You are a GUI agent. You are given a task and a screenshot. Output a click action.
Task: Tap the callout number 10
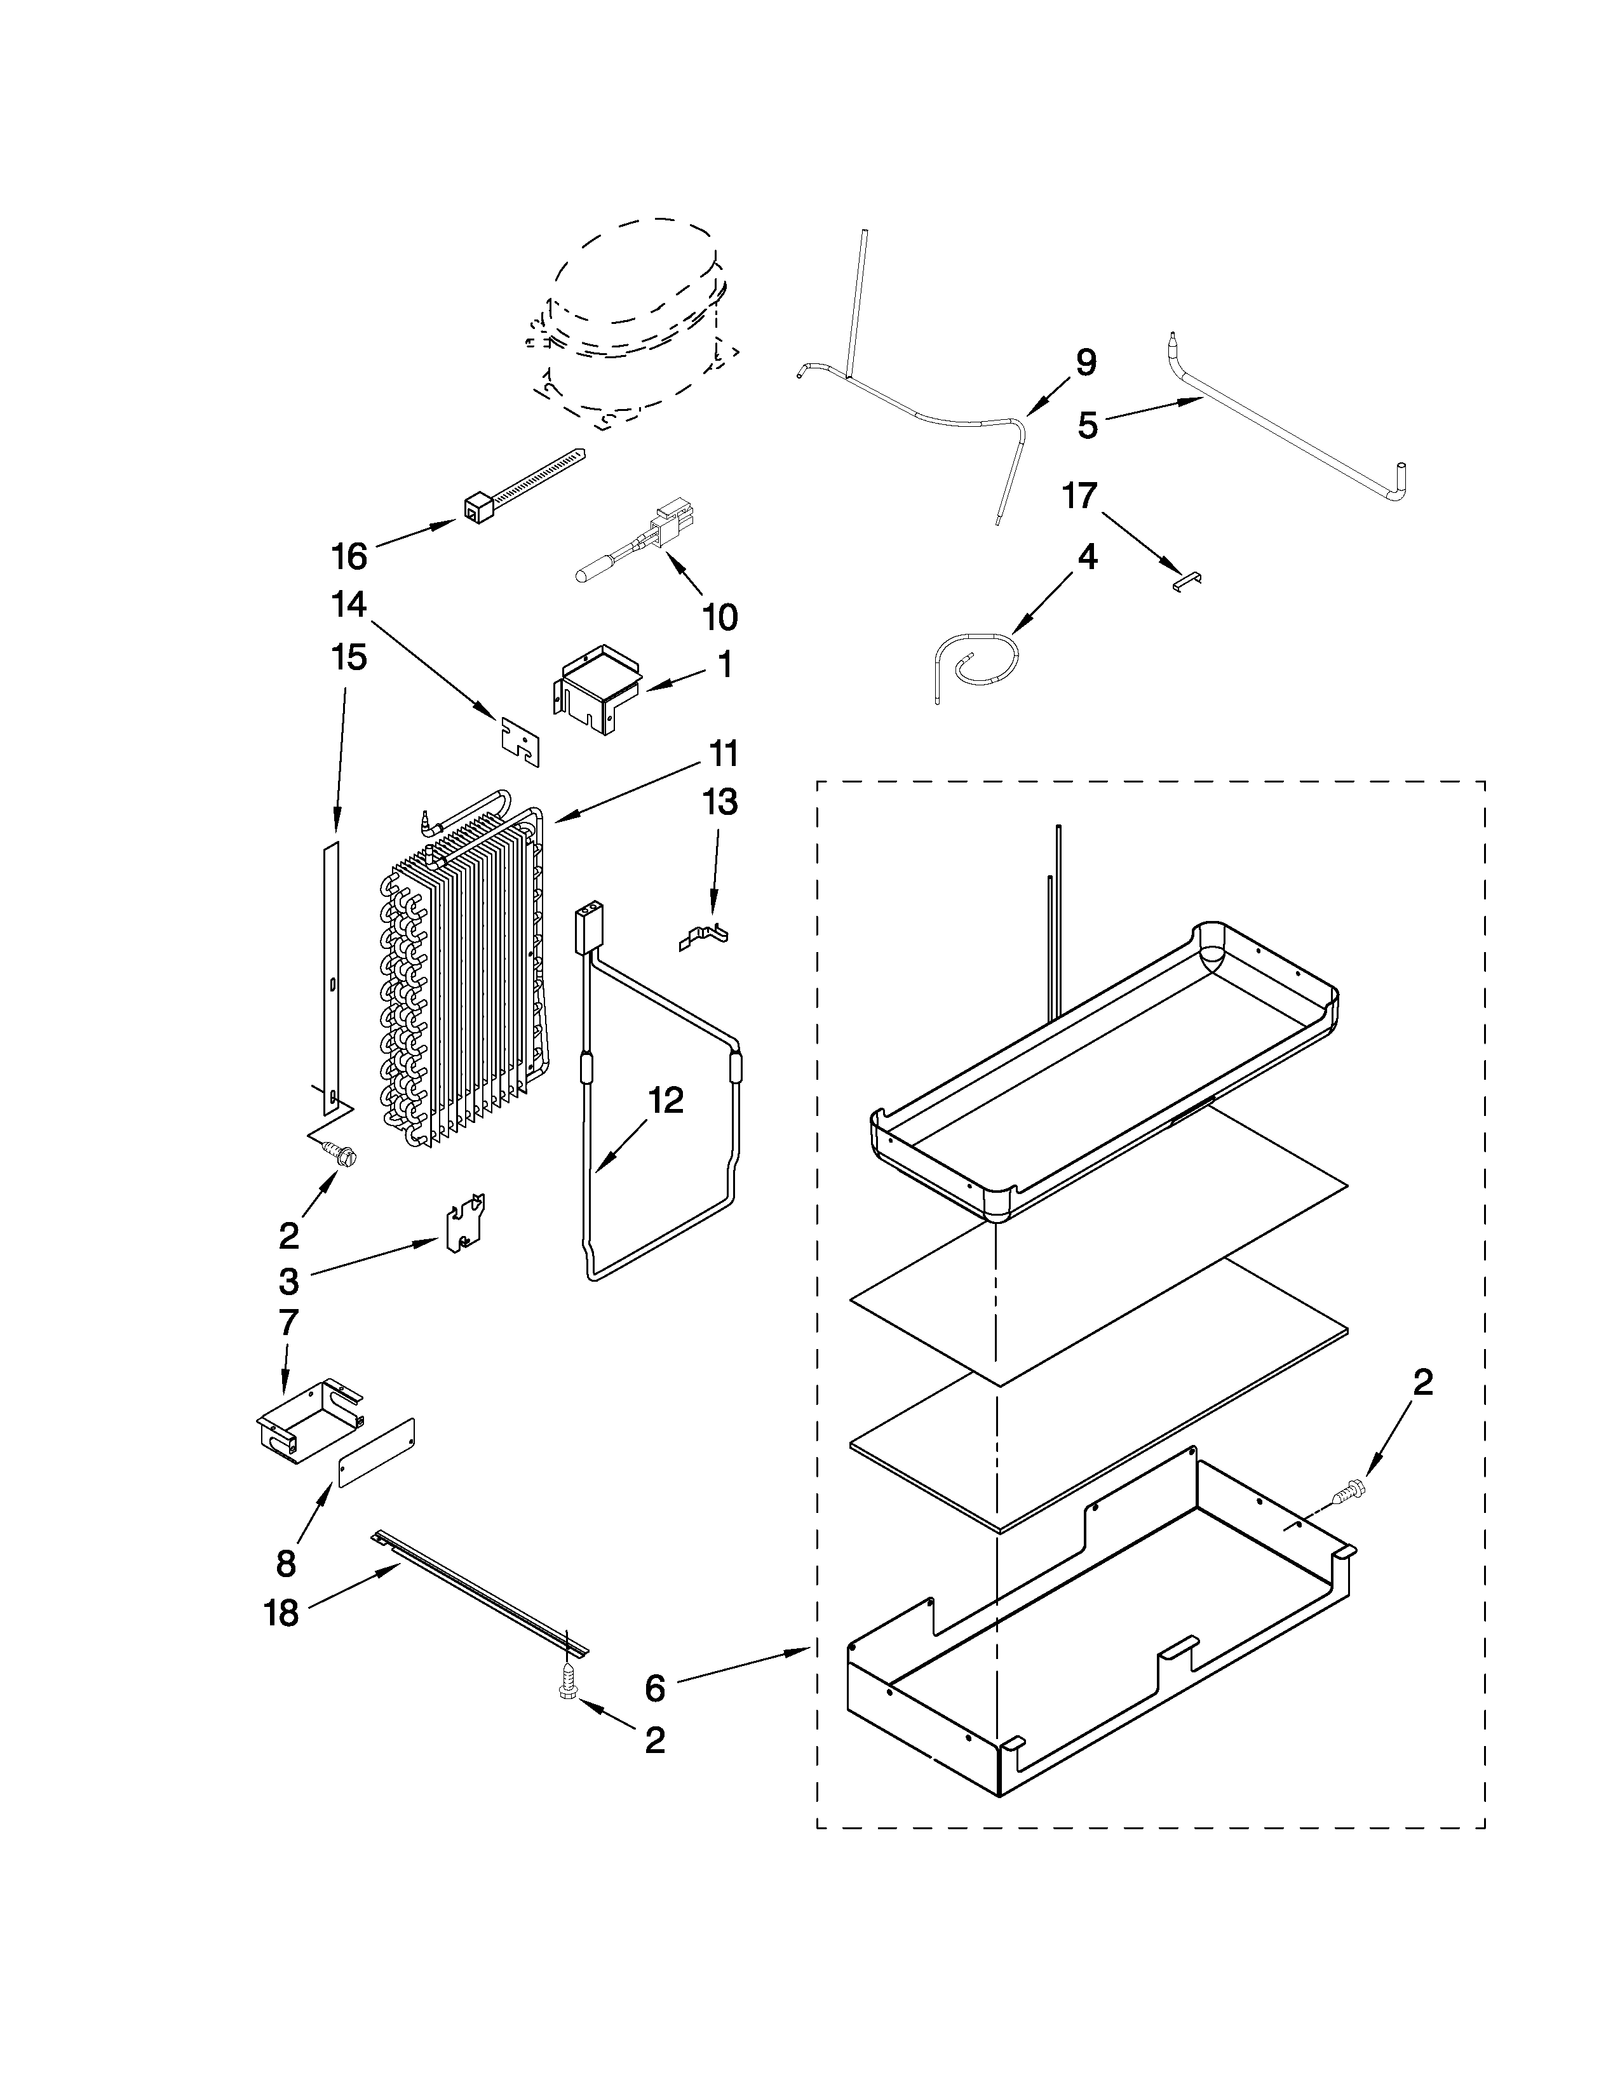click(720, 617)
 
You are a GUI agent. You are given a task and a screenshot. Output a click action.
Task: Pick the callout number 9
click(1084, 363)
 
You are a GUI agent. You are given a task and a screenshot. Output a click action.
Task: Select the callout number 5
click(1086, 425)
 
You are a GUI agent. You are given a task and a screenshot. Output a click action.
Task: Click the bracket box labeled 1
click(597, 685)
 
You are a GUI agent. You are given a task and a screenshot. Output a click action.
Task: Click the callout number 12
click(665, 1101)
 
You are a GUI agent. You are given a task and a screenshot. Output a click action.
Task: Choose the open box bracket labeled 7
click(307, 1420)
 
